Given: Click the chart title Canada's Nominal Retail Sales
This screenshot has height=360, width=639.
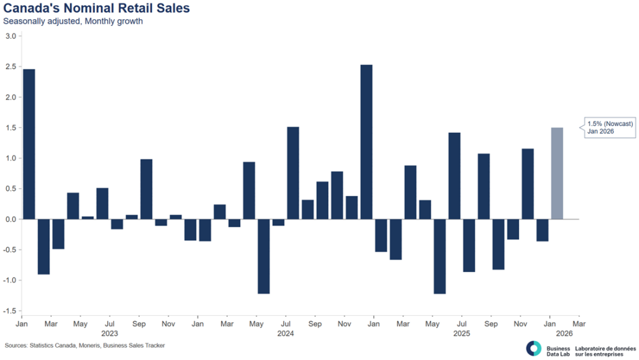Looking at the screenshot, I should pos(97,9).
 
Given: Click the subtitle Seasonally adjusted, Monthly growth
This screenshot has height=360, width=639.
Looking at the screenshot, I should pos(73,22).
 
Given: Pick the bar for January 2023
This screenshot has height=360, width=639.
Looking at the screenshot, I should pos(29,144).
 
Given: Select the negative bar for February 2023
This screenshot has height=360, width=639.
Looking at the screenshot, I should pos(44,246).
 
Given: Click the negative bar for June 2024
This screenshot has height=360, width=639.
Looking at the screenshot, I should pos(278,222).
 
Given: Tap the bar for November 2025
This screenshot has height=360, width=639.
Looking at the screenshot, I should pos(528,184).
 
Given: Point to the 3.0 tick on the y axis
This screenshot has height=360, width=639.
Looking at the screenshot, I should pos(11,36).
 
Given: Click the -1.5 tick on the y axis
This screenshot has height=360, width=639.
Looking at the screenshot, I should pos(9,311).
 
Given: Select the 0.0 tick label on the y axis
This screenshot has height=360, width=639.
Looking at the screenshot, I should pos(11,219).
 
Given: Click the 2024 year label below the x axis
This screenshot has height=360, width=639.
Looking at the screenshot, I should pos(286,334).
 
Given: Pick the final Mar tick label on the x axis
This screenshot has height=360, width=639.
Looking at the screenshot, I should pos(579,324).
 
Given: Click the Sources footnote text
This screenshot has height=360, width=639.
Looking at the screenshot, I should pos(85,345).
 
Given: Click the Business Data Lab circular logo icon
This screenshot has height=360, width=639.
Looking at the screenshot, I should pos(534,348).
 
